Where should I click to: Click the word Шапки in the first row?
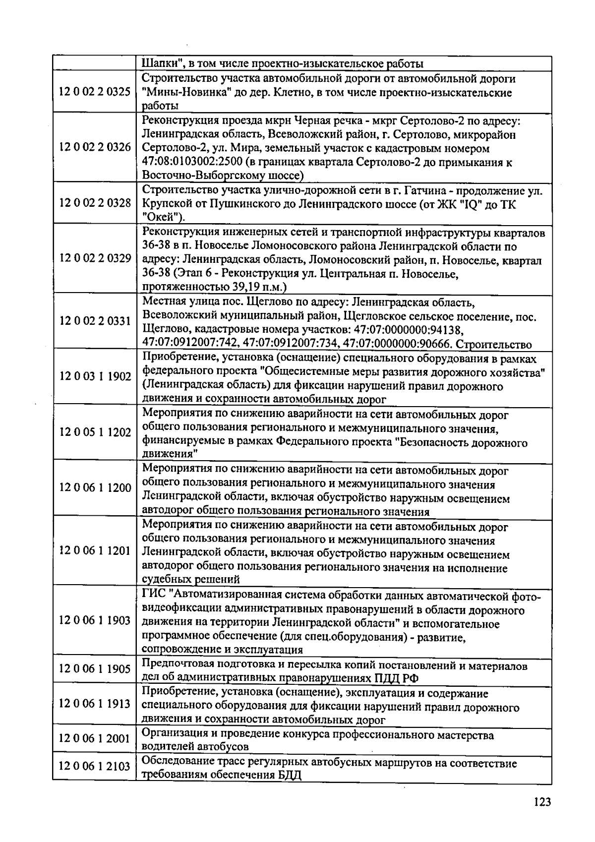[158, 64]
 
